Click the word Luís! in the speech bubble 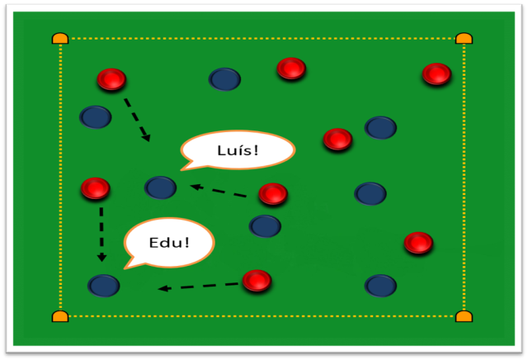coord(238,150)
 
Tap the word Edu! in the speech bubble coord(169,243)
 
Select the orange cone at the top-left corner coord(60,39)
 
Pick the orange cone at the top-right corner coord(464,39)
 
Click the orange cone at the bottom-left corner coord(60,316)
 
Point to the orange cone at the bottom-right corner coord(464,316)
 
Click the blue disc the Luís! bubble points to coord(160,187)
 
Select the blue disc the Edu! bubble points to coord(104,286)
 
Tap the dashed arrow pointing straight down coord(101,234)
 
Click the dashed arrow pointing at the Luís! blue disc coord(218,191)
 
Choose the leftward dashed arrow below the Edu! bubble coord(198,287)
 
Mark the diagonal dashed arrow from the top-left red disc coord(137,120)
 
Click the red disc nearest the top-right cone coord(436,73)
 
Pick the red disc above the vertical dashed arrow coord(96,188)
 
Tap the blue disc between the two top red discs coord(224,79)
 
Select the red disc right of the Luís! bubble coord(337,139)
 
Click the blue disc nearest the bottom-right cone coord(380,286)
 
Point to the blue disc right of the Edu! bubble coord(265,226)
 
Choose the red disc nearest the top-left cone coord(111,79)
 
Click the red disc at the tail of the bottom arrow coord(257,281)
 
